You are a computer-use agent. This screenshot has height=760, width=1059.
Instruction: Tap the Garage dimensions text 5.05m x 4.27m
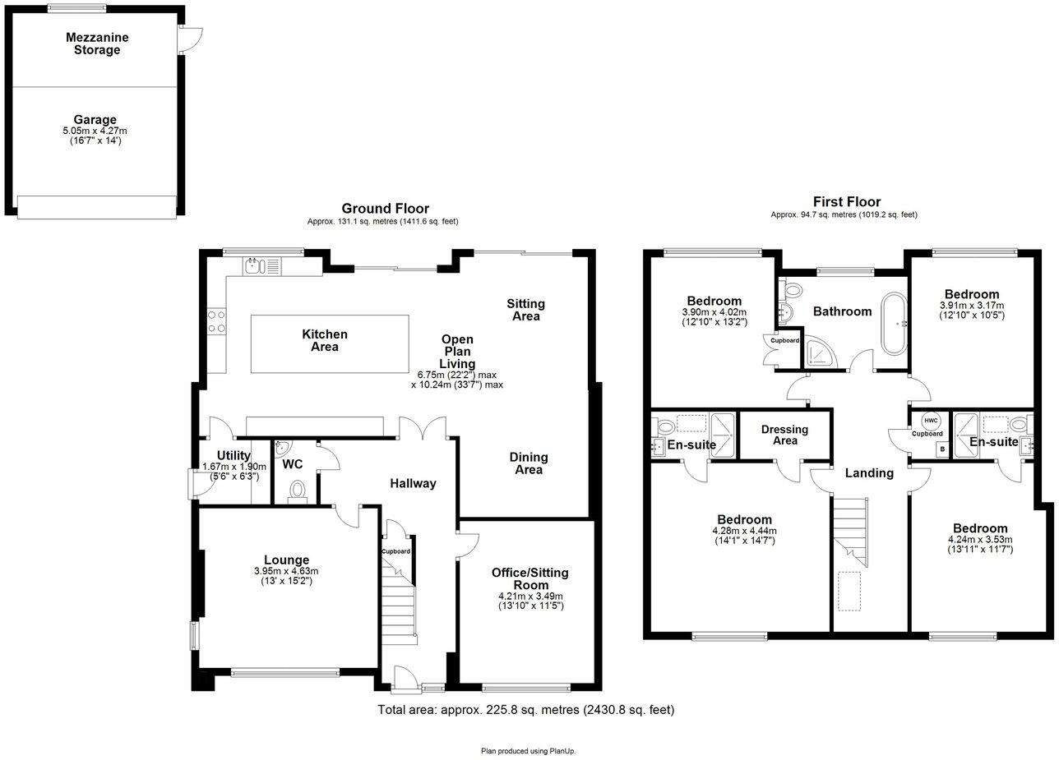tap(95, 131)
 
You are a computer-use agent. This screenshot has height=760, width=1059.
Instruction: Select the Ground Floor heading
tap(385, 209)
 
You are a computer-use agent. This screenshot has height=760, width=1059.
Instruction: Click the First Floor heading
tap(846, 201)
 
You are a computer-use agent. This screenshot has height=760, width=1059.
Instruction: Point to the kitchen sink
tap(253, 265)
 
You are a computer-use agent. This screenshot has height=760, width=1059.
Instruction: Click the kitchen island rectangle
tap(329, 343)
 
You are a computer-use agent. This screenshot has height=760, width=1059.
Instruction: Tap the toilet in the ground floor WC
tap(297, 491)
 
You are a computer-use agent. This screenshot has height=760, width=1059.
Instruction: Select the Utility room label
tap(234, 455)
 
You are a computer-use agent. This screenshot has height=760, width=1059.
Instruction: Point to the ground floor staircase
tap(400, 604)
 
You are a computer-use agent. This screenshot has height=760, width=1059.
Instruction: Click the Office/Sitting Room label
tap(529, 578)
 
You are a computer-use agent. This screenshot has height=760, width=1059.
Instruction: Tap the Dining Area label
tap(528, 463)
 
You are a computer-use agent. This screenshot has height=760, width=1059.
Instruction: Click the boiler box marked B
tap(941, 449)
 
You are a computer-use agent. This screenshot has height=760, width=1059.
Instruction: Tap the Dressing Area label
tap(784, 435)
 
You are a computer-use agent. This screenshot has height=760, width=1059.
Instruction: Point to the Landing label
tap(869, 472)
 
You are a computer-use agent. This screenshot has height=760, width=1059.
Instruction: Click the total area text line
tap(525, 709)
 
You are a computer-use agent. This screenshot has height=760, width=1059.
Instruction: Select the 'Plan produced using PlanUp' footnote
tap(528, 750)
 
